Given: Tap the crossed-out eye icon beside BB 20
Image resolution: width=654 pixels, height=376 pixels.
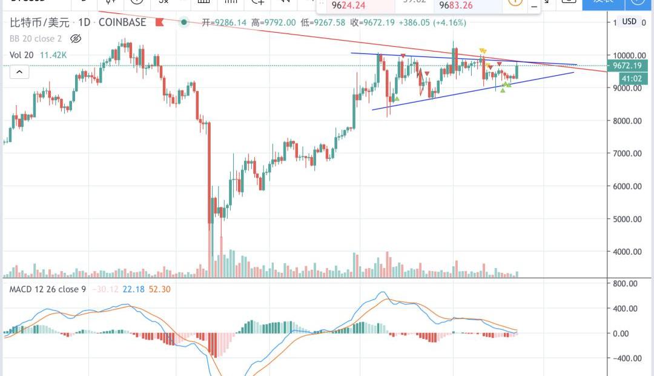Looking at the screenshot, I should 76,39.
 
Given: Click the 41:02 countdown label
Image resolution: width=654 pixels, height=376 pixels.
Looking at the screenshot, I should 632,78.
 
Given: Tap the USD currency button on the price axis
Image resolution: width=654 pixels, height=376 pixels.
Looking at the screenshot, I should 629,22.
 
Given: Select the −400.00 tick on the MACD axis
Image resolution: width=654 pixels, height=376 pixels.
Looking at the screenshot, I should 626,358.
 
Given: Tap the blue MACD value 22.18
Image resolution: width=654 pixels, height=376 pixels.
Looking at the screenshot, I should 133,289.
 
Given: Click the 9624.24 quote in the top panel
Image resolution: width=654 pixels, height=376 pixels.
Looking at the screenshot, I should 348,7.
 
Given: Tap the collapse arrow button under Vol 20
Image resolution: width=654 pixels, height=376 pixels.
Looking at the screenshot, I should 19,72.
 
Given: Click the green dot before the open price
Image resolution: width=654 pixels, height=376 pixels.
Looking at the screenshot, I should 184,22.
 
